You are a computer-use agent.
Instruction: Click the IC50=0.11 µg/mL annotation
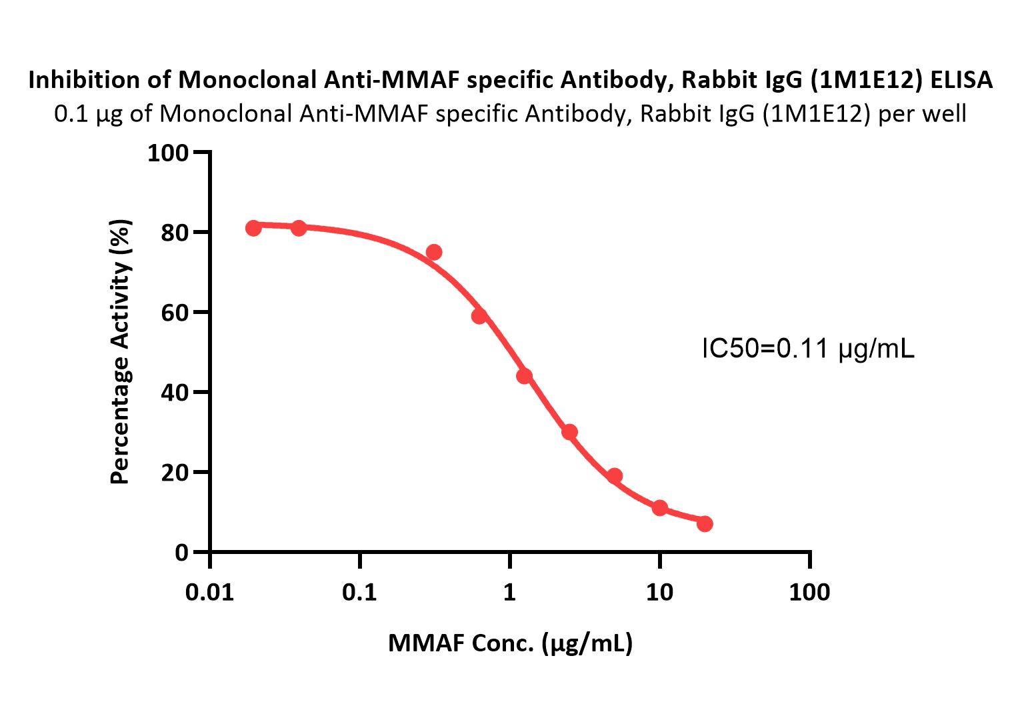(808, 349)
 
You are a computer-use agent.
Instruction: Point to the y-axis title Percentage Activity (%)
(121, 352)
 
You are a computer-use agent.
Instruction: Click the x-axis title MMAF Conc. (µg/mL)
(510, 643)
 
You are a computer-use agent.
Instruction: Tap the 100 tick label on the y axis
(168, 153)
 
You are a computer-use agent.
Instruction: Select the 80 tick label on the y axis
(175, 233)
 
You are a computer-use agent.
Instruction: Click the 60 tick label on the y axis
(175, 313)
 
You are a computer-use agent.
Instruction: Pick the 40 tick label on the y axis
(175, 393)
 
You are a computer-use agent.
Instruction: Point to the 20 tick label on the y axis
(175, 473)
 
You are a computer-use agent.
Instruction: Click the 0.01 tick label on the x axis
(210, 592)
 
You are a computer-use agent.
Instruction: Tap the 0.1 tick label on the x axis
(360, 592)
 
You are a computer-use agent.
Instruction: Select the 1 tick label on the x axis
(510, 592)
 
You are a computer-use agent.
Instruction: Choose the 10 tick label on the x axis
(659, 592)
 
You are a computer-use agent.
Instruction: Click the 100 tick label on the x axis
(809, 592)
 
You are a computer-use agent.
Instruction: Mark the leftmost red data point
(253, 228)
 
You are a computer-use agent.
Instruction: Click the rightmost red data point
(705, 524)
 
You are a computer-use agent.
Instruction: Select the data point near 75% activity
(434, 252)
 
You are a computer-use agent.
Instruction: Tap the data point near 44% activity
(524, 376)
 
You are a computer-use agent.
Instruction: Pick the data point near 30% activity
(569, 432)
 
